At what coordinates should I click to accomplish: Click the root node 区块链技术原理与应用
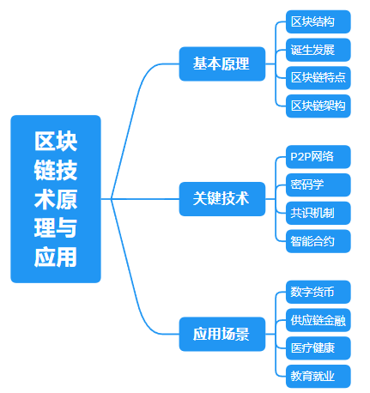click(x=56, y=199)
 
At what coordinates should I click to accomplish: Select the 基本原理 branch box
click(x=222, y=63)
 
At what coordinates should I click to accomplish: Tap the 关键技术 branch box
click(x=222, y=199)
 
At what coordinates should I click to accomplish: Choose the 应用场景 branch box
click(x=222, y=334)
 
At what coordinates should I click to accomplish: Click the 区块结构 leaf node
click(x=318, y=21)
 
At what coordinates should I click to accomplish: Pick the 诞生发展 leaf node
click(x=318, y=50)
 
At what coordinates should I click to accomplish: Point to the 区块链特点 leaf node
click(x=318, y=78)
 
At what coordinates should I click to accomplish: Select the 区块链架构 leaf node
click(x=318, y=106)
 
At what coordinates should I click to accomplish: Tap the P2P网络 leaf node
click(x=318, y=157)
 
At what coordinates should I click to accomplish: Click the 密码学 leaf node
click(x=318, y=184)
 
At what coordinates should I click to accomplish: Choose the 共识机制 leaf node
click(x=318, y=213)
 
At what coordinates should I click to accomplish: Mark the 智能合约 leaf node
click(x=318, y=241)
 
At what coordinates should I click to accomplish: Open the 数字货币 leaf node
click(x=318, y=292)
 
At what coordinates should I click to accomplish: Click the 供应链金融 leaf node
click(x=318, y=320)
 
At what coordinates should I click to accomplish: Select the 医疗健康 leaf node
click(x=318, y=348)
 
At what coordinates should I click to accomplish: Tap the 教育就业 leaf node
click(x=318, y=376)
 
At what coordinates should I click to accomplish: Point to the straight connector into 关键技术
click(x=140, y=199)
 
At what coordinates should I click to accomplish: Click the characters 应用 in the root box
click(x=56, y=257)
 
